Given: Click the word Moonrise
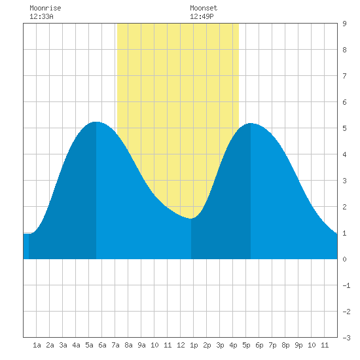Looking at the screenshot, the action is pos(45,8).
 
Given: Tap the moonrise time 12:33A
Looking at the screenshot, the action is pos(41,16).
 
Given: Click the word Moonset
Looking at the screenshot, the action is pos(204,8).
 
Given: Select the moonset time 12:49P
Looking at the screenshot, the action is pos(202,16).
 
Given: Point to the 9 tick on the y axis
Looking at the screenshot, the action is pos(344,24).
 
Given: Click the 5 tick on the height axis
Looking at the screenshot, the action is pos(344,128).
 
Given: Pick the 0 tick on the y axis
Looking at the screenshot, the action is pos(344,259).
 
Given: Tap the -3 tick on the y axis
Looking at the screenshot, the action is pos(346,338).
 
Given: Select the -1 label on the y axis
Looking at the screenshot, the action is pos(346,285).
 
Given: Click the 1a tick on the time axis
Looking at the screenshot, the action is pos(37,345).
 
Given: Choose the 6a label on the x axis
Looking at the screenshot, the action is pos(102,345).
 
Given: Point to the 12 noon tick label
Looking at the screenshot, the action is pos(181,345).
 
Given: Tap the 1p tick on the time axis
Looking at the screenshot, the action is pos(194,345).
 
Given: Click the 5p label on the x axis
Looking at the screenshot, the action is pos(246,345).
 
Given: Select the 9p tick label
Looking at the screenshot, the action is pos(298,345).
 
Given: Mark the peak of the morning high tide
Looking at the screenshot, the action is pos(96,122).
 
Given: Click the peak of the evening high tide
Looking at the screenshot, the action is pos(251,123).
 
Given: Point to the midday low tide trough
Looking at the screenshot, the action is pos(191,219).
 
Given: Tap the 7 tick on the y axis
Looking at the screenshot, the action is pos(344,76).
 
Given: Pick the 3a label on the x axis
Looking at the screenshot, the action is pos(63,345).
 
